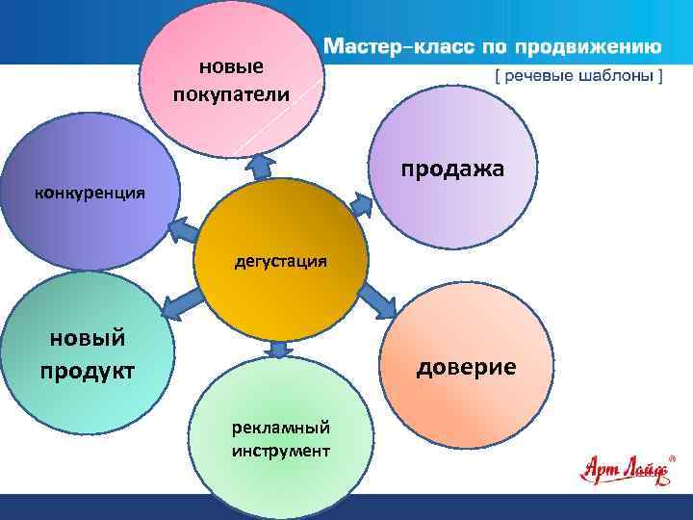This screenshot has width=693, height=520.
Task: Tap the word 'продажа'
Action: point(452,169)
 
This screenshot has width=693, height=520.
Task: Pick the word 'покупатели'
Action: point(231,93)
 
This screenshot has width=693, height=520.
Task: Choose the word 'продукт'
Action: point(88,371)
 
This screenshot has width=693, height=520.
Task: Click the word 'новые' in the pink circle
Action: point(231,66)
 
